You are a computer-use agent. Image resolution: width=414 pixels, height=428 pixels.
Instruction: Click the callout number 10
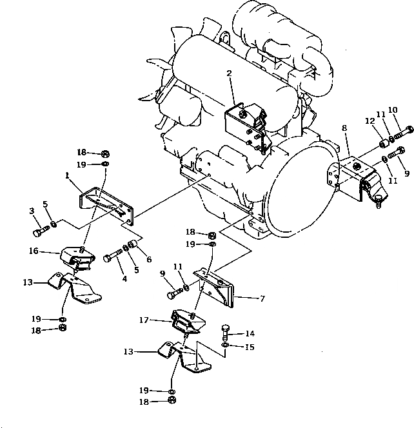pos(393,110)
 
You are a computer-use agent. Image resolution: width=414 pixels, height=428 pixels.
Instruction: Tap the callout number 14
pos(250,334)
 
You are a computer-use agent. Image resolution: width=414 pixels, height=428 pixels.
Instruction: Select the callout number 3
pos(30,211)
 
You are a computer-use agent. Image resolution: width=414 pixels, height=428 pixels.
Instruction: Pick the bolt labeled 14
pos(225,333)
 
